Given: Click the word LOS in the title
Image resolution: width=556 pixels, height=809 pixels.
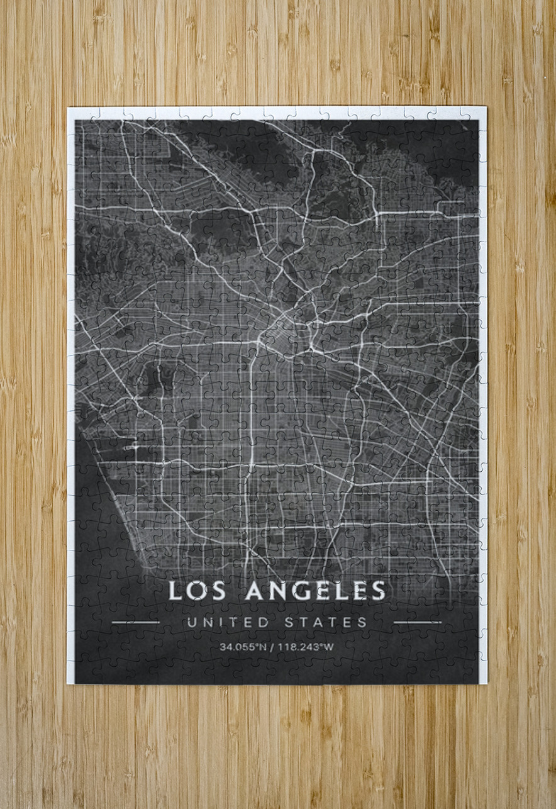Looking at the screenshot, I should pos(196,591).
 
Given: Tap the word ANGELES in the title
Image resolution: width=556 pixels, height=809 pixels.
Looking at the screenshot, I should pos(315,591).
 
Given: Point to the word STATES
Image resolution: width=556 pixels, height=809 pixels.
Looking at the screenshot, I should pos(325,622).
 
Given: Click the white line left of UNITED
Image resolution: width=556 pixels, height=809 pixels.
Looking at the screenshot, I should pos(136,622).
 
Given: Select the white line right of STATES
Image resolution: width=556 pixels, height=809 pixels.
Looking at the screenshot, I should pos(417,622).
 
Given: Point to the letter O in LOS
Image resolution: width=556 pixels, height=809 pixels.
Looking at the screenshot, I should pos(196,591).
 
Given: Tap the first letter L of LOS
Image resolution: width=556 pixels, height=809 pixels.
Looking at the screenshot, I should pos(175,591).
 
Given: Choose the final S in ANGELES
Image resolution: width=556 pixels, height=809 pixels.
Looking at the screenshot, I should pos(378,591).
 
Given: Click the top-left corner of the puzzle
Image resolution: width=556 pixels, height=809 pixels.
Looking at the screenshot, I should pos(69,108).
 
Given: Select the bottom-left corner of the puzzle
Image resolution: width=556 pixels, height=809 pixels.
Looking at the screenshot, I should pos(69,683).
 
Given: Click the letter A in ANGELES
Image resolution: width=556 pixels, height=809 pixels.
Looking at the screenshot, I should pos(255,591).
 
